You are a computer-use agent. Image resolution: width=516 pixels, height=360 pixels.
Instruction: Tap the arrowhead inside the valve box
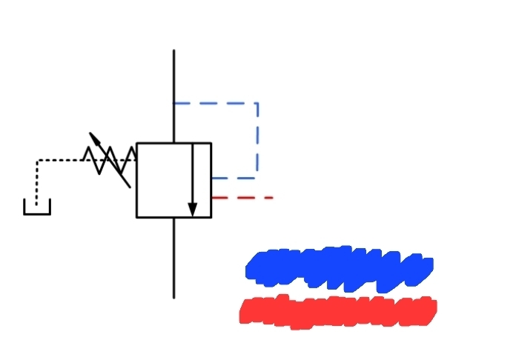[x=193, y=209]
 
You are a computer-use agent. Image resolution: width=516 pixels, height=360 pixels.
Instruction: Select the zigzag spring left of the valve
[x=110, y=159]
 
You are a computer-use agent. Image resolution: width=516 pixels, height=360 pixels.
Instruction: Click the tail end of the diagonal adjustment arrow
[x=130, y=186]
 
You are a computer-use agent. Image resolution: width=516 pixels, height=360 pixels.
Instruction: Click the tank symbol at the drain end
[x=37, y=208]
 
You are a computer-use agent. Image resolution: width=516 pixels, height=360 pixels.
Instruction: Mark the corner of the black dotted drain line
[x=37, y=160]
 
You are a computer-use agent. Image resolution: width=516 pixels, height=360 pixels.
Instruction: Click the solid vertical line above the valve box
[x=173, y=96]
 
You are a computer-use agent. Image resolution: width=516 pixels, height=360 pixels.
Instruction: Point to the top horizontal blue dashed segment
[x=215, y=103]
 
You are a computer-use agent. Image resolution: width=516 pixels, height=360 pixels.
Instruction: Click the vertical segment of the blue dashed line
[x=257, y=141]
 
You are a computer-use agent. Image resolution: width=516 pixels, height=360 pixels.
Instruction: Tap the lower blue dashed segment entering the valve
[x=234, y=178]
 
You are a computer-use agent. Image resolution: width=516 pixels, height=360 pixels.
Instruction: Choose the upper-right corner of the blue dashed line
[x=257, y=103]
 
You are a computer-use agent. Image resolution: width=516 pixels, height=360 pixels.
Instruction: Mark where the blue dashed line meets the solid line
[x=173, y=103]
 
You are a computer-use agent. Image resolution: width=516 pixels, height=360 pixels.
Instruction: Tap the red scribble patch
[x=338, y=312]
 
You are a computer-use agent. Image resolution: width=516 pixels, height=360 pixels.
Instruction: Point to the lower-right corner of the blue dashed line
[x=257, y=178]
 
